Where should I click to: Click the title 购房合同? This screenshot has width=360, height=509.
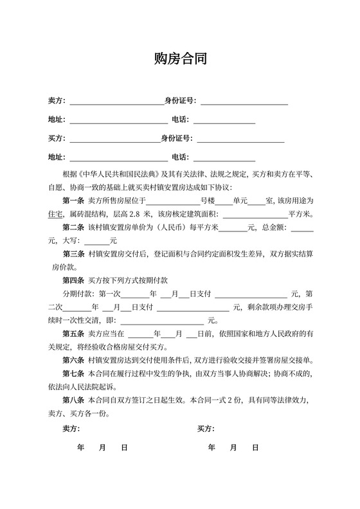180,60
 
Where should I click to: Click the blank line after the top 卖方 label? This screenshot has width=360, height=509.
116,101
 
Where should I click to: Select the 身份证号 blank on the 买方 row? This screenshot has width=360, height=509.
240,138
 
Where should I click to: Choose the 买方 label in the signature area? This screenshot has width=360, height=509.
206,428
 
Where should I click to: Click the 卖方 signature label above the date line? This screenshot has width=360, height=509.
71,428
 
